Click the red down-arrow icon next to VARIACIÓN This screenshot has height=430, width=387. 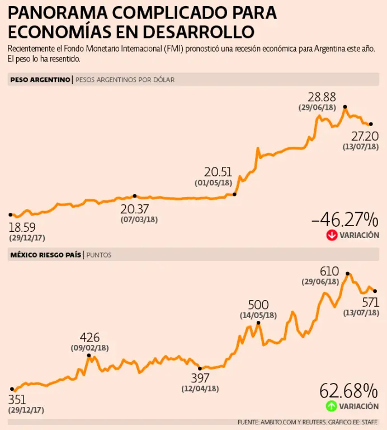[332, 236]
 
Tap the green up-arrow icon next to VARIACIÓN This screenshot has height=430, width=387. [332, 406]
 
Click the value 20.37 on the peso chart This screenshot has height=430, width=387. [134, 208]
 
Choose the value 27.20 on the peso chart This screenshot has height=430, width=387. [365, 136]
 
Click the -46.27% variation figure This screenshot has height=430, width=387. [344, 219]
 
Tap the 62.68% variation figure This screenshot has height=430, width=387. [348, 390]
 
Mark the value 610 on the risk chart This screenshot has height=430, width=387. [329, 271]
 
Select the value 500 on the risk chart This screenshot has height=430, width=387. [258, 305]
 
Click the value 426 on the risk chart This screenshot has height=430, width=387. [89, 338]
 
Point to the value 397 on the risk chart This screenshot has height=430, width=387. [200, 378]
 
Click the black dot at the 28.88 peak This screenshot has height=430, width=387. [345, 106]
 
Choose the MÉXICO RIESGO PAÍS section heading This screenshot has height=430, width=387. [45, 255]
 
